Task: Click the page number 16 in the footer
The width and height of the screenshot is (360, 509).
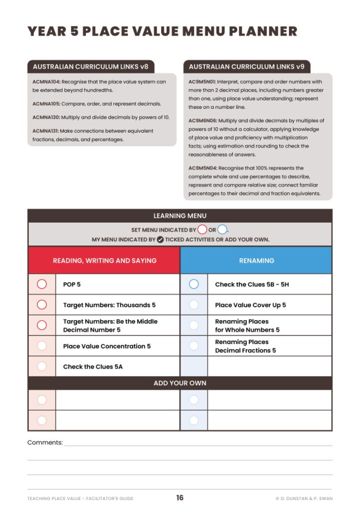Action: coord(180,498)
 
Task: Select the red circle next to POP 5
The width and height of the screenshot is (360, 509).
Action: coord(42,284)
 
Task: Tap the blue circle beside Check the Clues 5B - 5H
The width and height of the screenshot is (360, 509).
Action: coord(194,284)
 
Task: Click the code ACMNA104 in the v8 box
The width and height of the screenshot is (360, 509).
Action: coord(46,82)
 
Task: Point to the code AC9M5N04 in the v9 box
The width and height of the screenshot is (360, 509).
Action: coord(203,168)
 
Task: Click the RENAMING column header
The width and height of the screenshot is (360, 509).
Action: coord(256,260)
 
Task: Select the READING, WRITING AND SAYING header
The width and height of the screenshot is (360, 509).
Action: coord(104,260)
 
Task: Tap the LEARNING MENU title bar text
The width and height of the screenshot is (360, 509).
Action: coord(180,216)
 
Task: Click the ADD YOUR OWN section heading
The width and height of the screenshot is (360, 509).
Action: coord(180,383)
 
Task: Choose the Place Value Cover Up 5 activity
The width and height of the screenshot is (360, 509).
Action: coord(250,305)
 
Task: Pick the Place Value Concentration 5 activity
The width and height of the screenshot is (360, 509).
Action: coord(106,346)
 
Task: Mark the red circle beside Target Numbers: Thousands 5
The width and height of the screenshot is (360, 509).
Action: coord(42,305)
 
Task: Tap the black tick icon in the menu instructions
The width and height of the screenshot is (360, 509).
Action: coord(160,240)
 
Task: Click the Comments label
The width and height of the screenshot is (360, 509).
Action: coord(45,442)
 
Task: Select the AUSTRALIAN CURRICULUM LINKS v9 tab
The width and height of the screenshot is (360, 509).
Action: coord(247,67)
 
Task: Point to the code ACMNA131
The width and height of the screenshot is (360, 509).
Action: coord(46,131)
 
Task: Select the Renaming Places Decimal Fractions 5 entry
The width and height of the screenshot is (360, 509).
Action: coord(245,346)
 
